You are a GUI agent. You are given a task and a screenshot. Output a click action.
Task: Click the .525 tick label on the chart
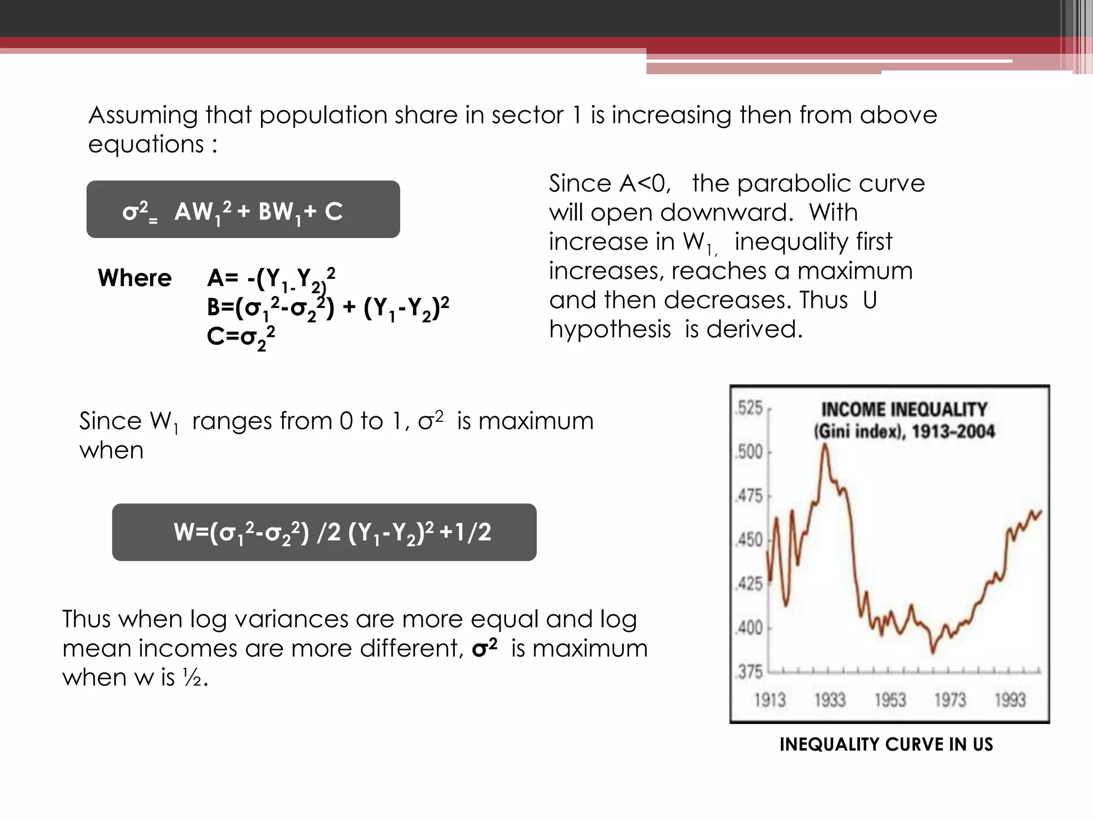(749, 408)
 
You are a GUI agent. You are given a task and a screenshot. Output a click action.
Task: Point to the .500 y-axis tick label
(749, 452)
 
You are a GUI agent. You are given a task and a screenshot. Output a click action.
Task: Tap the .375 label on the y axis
(749, 672)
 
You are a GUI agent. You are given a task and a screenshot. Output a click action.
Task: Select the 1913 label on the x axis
(770, 699)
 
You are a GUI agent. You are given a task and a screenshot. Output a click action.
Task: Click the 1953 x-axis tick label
(890, 699)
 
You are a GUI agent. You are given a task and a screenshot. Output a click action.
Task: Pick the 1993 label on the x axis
(1010, 699)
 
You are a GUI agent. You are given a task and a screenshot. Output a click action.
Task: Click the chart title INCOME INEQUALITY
(904, 409)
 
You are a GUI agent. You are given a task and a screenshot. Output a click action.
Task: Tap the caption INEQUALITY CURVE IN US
(886, 744)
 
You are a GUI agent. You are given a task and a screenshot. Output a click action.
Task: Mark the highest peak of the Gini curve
(825, 446)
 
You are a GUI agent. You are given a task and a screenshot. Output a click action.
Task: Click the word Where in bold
(134, 278)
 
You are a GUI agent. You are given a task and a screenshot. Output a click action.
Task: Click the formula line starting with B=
(328, 308)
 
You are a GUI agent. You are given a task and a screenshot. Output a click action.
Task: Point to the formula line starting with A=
(271, 279)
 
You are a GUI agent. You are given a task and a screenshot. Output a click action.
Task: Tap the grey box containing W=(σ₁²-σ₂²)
(324, 532)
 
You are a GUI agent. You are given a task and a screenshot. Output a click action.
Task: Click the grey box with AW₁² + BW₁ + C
(243, 209)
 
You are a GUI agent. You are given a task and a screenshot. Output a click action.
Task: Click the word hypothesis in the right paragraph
(609, 329)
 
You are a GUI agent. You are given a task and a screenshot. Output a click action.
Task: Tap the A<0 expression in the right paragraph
(644, 184)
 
